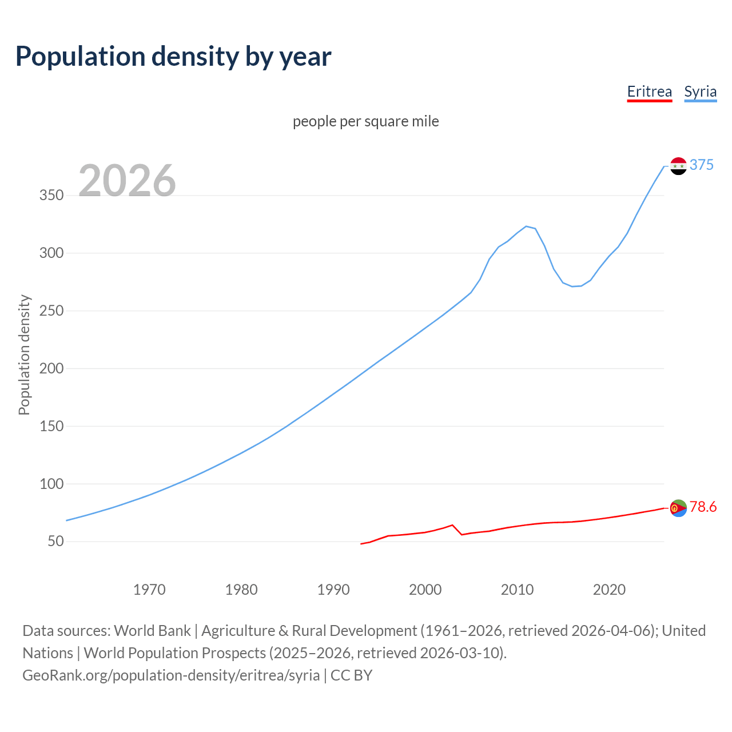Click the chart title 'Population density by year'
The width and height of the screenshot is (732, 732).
click(x=173, y=57)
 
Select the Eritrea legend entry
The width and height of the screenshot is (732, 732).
click(x=649, y=91)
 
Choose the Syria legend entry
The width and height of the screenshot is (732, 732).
click(x=700, y=91)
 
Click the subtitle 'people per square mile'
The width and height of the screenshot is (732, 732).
click(x=365, y=121)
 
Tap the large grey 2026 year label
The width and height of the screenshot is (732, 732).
click(x=127, y=181)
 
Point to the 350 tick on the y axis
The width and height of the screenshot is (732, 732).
click(x=51, y=196)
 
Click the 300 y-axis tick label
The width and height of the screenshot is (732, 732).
click(x=51, y=253)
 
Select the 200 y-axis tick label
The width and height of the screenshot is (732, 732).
click(x=51, y=368)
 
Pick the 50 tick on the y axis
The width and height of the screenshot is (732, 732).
click(x=55, y=542)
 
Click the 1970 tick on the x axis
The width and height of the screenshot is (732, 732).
click(x=149, y=590)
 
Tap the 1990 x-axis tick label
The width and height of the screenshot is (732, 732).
click(x=333, y=590)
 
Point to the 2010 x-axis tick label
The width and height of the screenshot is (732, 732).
click(x=517, y=590)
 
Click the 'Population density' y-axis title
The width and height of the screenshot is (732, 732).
click(x=24, y=355)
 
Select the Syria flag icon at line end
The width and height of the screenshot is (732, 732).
click(x=678, y=166)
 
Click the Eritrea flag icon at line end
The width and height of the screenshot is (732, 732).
click(x=678, y=508)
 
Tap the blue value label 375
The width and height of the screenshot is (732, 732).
click(x=702, y=165)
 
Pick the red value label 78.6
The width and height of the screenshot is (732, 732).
click(x=703, y=507)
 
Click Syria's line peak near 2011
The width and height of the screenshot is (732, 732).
click(x=526, y=226)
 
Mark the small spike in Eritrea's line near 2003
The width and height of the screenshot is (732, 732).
click(x=452, y=525)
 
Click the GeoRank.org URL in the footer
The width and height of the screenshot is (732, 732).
click(x=171, y=675)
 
